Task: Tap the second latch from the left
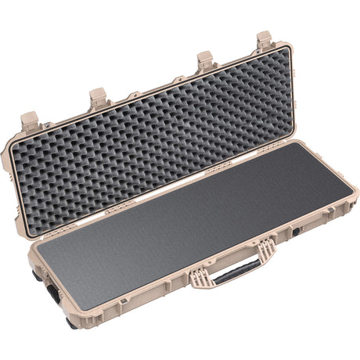99,98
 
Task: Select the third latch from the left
206,60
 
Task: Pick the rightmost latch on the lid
264,40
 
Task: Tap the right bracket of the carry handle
266,251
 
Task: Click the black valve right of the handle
297,233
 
